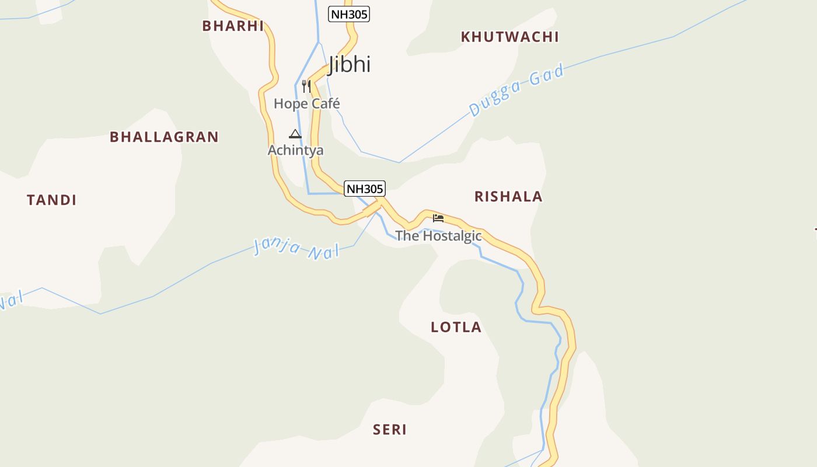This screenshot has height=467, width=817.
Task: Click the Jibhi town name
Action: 350,64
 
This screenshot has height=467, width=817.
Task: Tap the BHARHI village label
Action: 233,26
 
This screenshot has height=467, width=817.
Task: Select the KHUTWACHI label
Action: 509,37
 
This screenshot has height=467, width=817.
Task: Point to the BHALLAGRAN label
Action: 164,137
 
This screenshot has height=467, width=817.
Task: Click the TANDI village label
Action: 52,200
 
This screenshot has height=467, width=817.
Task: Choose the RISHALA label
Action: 508,197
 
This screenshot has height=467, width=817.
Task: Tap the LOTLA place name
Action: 456,327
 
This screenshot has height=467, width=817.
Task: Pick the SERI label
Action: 390,430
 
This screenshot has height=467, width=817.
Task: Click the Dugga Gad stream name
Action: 516,91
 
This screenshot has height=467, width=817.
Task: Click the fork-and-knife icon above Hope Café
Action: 306,86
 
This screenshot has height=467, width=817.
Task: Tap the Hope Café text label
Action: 307,104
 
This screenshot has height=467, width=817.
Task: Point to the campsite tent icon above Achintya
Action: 295,134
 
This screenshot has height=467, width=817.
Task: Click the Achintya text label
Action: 295,151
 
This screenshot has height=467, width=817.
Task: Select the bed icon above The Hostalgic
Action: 438,218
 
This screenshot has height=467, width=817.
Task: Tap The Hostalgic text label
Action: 438,236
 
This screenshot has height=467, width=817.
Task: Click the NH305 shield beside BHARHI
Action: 349,14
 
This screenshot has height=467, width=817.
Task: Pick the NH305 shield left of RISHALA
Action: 365,189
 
